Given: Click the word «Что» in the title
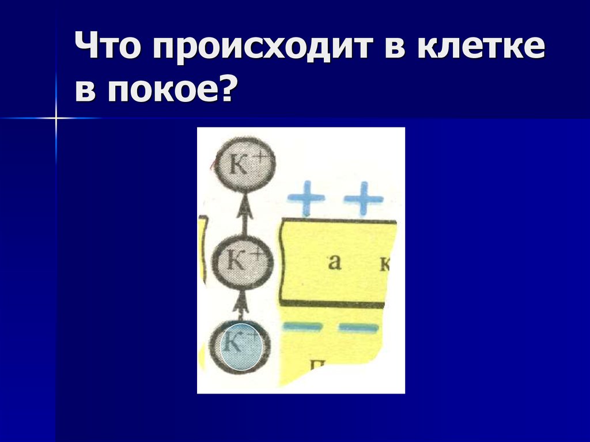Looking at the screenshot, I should click(109, 49).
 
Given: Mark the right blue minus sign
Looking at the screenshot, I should click(359, 328).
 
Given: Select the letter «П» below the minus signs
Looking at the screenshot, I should click(317, 365).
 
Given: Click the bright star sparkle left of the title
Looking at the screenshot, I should click(56, 118).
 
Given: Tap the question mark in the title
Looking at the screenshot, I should click(229, 90).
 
